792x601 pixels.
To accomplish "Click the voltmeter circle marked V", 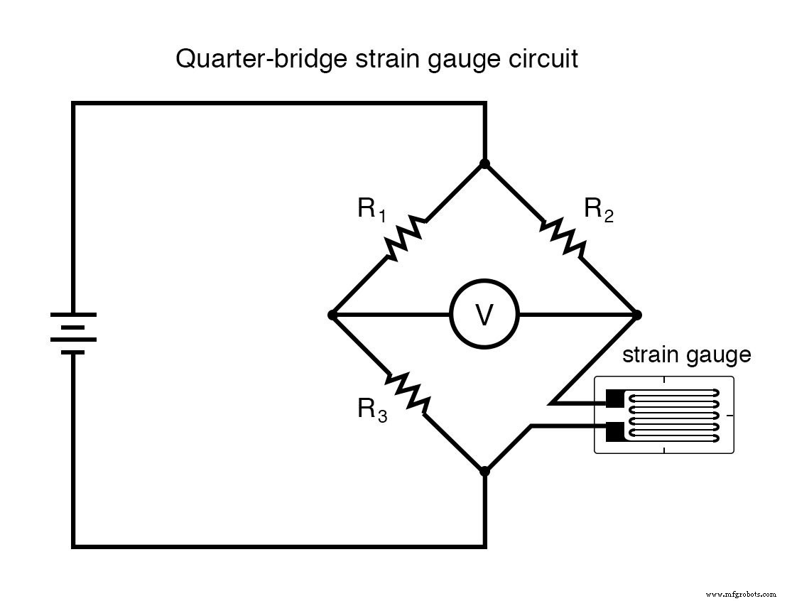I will pos(484,315).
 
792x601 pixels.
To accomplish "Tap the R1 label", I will pos(371,210).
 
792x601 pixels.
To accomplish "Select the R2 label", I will pos(598,210).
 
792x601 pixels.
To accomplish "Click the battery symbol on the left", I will pos(73,332).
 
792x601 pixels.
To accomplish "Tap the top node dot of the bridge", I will pos(485,164).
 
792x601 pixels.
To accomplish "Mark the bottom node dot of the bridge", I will pos(485,470).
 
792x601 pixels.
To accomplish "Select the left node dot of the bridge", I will pos(332,315).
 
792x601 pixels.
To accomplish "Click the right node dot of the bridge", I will pos(636,315).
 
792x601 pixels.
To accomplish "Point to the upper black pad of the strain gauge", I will pos(614,399).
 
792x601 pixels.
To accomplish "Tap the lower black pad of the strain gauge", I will pos(614,431).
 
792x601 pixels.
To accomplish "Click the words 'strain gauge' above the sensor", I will pos(686,354).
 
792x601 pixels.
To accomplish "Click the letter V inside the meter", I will pos(484,315).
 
